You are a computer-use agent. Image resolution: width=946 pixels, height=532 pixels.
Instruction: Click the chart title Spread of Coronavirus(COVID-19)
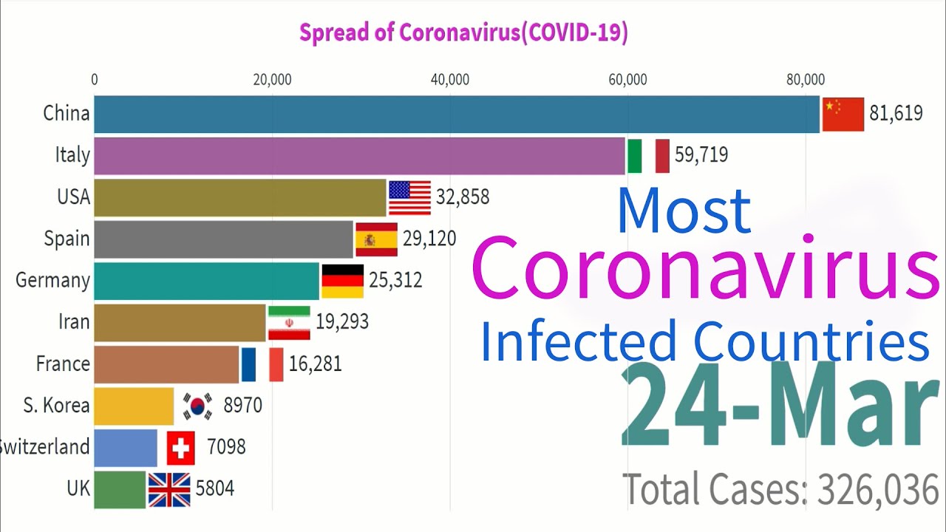463,33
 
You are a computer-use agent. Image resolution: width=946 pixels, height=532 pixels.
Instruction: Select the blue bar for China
457,114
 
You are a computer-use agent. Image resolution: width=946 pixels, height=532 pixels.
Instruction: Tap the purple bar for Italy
360,155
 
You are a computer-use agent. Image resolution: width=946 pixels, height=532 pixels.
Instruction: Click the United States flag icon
409,197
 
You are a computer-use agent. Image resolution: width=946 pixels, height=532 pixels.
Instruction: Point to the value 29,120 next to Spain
429,238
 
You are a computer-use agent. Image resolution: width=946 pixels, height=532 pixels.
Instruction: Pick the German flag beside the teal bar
342,281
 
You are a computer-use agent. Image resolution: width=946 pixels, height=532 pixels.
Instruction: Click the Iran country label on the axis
74,322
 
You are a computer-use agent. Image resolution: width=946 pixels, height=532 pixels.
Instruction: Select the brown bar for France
166,364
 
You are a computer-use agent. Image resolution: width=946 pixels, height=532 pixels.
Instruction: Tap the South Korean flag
197,406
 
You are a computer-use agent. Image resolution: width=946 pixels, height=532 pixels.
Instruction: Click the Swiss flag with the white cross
181,448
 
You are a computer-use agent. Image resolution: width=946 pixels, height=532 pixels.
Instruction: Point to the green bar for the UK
120,489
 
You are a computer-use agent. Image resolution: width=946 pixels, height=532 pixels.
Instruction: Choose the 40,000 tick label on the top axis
449,80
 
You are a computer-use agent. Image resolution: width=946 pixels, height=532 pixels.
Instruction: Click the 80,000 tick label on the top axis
805,80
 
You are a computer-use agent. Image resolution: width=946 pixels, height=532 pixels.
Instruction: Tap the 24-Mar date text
775,406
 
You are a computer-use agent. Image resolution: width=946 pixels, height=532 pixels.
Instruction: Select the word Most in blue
684,211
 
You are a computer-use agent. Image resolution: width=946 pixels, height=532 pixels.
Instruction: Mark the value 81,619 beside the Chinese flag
896,114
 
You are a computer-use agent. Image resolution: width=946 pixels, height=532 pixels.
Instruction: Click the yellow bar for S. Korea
134,406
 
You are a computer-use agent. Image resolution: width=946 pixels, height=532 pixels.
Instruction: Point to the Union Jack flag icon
169,489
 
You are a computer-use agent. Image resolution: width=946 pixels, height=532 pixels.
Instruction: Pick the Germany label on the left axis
52,281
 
